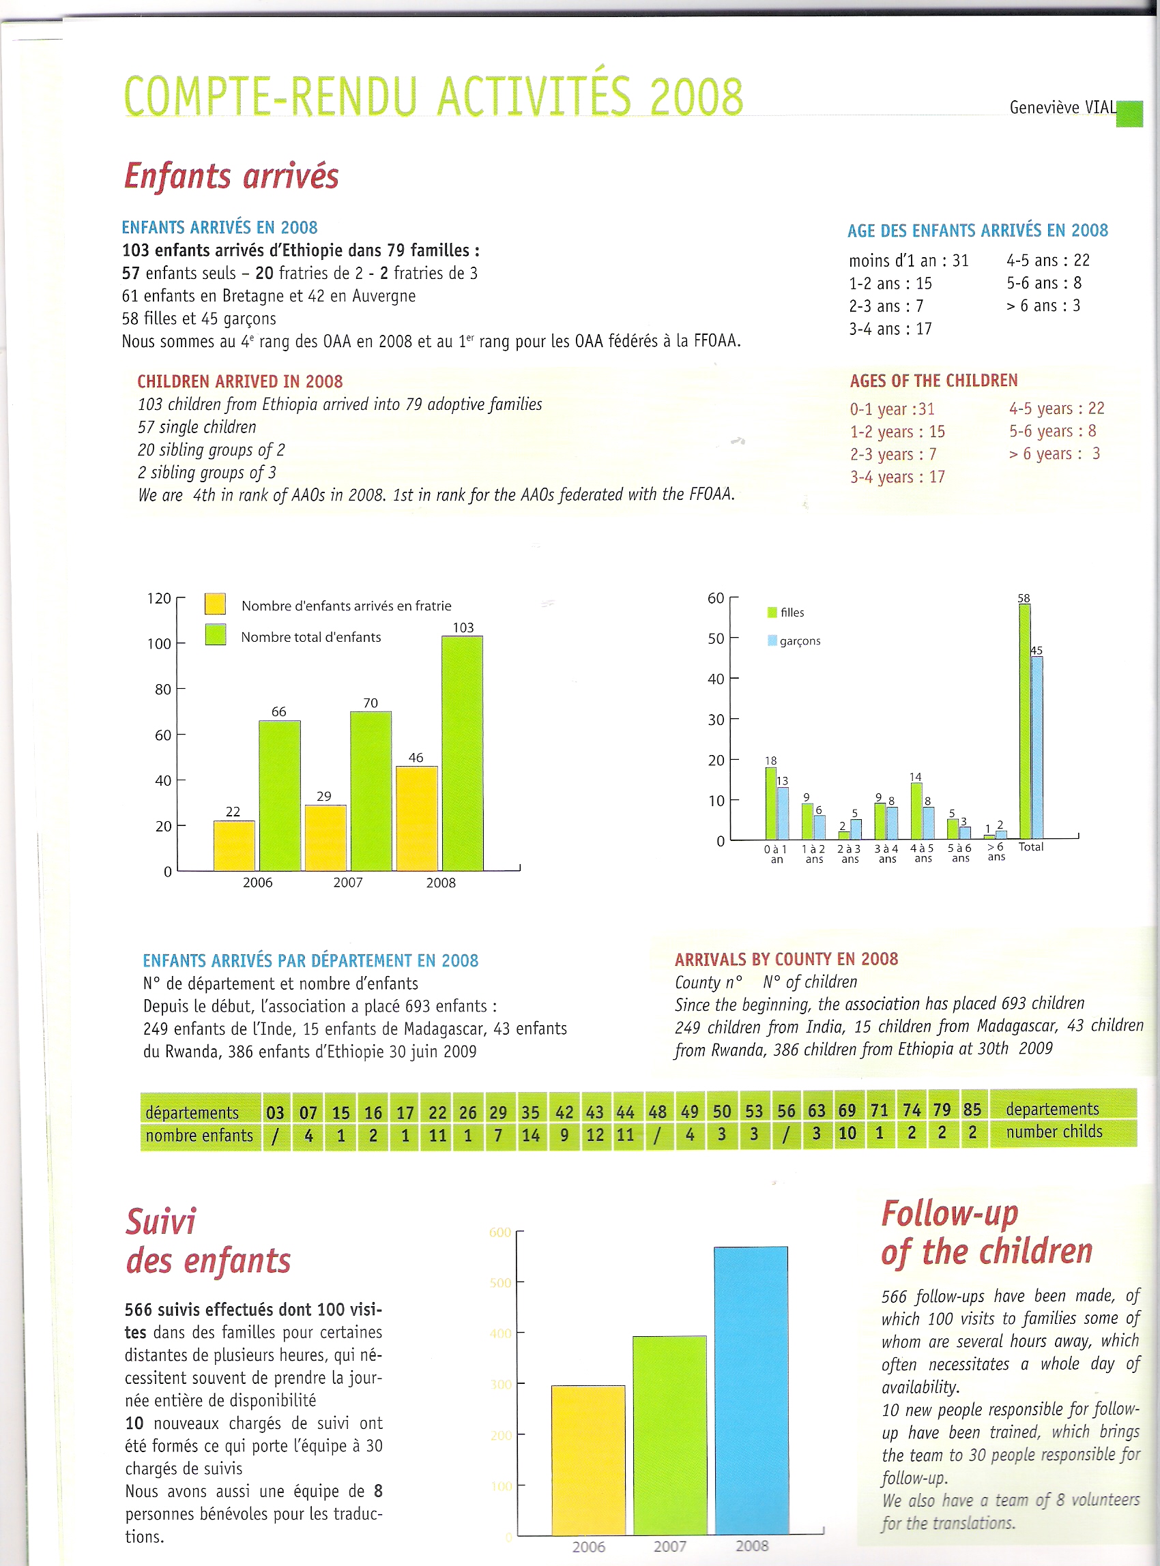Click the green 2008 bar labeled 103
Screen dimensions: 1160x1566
[462, 753]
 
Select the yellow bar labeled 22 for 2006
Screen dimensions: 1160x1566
[234, 846]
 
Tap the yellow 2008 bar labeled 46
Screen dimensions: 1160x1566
[416, 818]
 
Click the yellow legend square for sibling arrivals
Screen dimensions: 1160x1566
[215, 604]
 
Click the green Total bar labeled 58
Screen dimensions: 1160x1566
[1024, 721]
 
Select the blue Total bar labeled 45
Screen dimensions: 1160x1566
[1036, 747]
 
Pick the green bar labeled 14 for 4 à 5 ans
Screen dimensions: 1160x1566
[916, 810]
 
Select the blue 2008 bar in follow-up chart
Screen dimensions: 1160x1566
[751, 1390]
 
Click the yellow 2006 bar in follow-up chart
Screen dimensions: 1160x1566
[588, 1460]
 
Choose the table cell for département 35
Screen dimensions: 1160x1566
[530, 1112]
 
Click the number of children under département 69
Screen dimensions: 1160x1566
[847, 1133]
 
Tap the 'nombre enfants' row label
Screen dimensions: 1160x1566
[199, 1135]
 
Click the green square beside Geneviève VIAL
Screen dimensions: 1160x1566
[1129, 114]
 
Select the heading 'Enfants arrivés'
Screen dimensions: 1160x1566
[232, 175]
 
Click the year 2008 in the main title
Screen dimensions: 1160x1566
[696, 96]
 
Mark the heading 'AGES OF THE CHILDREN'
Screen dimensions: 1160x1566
[933, 381]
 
